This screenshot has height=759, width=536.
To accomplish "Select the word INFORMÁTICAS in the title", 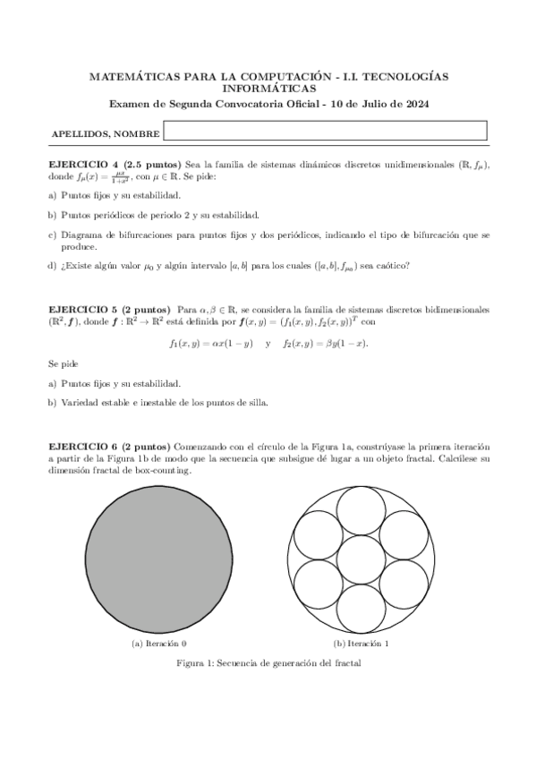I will [x=268, y=90].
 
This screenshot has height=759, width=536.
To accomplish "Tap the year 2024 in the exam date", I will [x=414, y=104].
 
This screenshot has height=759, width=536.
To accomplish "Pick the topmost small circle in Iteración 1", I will [x=362, y=511].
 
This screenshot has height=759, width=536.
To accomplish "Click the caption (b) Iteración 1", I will [x=361, y=644].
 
